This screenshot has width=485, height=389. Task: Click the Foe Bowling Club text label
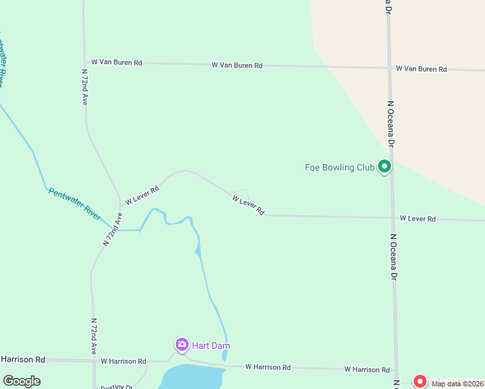[x=340, y=167]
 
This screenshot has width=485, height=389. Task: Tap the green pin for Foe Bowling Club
[x=384, y=167]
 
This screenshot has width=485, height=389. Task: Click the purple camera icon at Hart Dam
[x=182, y=344]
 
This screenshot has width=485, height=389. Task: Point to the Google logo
[x=21, y=381]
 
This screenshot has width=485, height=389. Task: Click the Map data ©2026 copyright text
[x=456, y=384]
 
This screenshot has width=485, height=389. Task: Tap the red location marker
[x=420, y=382]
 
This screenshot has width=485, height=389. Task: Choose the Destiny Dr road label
[x=117, y=387]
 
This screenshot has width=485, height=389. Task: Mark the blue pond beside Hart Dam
[x=191, y=377]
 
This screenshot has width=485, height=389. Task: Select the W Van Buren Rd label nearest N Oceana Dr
[x=421, y=69]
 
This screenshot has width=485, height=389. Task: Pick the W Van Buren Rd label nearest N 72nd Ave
[x=117, y=63]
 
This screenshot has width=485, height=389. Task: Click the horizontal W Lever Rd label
[x=418, y=219]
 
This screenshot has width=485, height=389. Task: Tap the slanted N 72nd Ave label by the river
[x=112, y=228]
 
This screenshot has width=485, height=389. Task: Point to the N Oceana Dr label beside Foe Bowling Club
[x=391, y=123]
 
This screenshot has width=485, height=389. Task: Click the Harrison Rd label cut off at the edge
[x=23, y=359]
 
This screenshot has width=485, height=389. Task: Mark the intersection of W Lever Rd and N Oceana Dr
[x=392, y=218]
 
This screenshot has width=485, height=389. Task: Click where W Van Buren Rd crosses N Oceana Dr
[x=389, y=67]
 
